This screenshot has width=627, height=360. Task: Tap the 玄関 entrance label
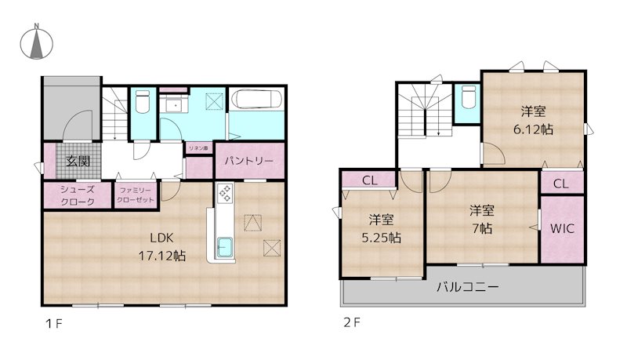tap(77, 162)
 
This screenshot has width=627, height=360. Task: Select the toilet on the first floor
tap(142, 103)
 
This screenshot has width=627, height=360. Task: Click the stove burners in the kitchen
tap(224, 193)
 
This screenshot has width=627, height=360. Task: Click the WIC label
tap(561, 230)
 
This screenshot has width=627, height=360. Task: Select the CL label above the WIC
tap(561, 184)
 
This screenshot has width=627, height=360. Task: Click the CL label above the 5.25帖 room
tap(370, 180)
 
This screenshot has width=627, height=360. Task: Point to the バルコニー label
tap(467, 287)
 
